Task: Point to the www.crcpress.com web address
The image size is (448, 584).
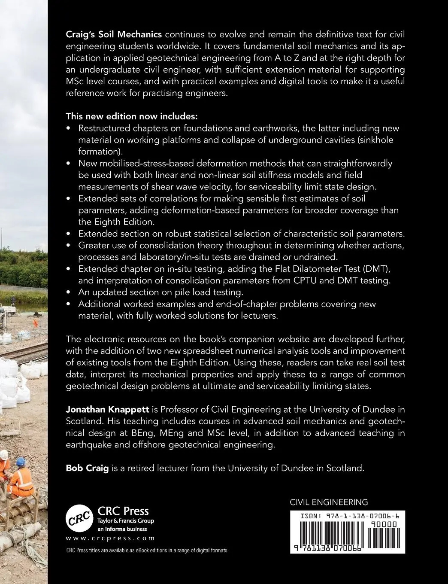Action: tap(110, 538)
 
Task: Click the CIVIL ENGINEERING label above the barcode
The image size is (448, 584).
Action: tap(329, 502)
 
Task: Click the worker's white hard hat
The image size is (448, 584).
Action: tap(2, 454)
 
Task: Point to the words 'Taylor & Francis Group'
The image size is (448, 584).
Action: tap(126, 520)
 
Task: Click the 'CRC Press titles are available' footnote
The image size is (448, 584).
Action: tap(146, 551)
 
